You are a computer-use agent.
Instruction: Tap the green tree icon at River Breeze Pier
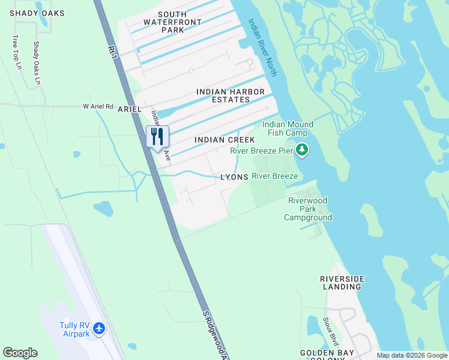(302, 150)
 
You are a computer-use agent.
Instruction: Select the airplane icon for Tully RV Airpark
(99, 329)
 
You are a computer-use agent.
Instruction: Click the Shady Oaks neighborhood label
(28, 13)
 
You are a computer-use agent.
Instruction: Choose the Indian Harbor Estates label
(231, 95)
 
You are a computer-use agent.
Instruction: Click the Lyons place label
(234, 178)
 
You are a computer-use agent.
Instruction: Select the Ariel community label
(130, 109)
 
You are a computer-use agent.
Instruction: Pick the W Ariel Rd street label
(98, 106)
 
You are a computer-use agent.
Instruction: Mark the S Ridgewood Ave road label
(215, 336)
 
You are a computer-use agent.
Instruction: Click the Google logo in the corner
(20, 353)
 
